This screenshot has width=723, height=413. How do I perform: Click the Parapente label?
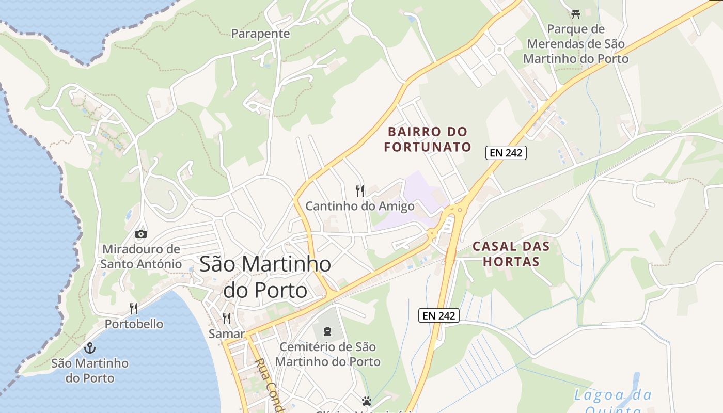pos(260,34)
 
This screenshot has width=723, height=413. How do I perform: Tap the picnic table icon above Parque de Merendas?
pos(576,13)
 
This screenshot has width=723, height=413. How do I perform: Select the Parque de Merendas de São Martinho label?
pos(576,44)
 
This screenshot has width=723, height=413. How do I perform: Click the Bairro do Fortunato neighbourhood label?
pos(428,139)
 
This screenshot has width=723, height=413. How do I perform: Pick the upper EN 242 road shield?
pos(506,153)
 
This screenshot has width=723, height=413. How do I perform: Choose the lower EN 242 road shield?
pos(438,315)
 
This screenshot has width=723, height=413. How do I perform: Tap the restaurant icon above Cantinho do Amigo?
pos(360,191)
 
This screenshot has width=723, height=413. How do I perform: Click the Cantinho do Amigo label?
pos(360,206)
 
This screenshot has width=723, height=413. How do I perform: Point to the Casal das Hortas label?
pos(511,253)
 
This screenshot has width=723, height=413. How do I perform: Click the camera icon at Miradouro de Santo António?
pos(140,234)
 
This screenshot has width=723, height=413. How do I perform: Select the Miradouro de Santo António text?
pos(141,257)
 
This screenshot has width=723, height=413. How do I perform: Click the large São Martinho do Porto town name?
pos(265,277)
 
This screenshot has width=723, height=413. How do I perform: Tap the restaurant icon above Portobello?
pos(134,309)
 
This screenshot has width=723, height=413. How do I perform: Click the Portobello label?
pos(134,324)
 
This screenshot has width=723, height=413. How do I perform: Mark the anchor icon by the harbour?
pos(90,347)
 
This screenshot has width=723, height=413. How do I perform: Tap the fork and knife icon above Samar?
pos(226,318)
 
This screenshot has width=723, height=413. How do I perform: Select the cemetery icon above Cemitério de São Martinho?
pos(327,331)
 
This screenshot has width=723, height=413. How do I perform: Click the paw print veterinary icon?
pos(367,401)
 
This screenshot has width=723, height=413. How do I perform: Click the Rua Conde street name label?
pos(269,385)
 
